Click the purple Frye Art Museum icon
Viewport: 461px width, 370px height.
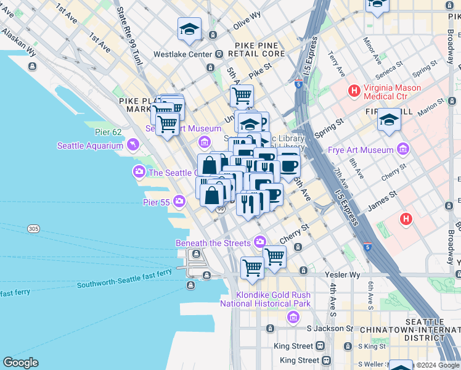[404, 149]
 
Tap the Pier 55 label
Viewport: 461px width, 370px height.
[156, 201]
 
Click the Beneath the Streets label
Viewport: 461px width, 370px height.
[214, 243]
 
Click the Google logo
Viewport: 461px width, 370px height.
[20, 363]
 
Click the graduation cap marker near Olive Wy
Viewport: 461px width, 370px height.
[189, 28]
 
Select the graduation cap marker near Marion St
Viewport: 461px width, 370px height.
[390, 119]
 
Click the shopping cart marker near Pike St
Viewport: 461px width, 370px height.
[242, 96]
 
